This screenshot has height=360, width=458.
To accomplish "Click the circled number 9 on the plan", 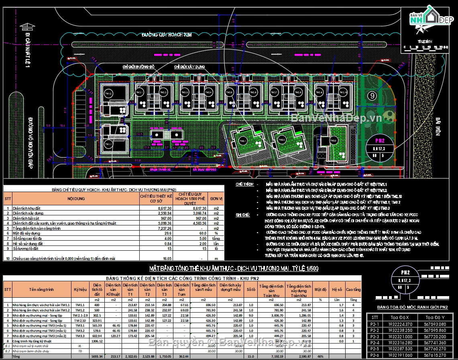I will pyautogui.click(x=372, y=96).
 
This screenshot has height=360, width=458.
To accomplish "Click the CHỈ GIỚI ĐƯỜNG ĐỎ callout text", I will pyautogui.click(x=139, y=66).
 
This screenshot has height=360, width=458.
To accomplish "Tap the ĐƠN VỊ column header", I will pyautogui.click(x=216, y=198).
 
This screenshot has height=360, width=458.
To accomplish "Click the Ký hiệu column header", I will pyautogui.click(x=79, y=289).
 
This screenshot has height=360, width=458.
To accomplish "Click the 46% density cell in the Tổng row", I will pyautogui.click(x=320, y=356).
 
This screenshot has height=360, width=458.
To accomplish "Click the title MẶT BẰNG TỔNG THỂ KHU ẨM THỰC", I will pyautogui.click(x=228, y=268).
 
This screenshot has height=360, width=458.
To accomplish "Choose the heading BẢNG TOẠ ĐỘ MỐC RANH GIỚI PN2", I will pyautogui.click(x=412, y=307).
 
